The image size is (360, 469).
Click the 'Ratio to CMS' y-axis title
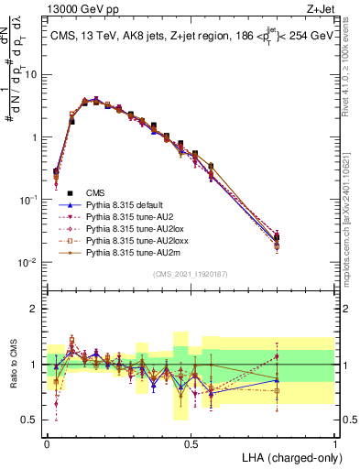(12, 364)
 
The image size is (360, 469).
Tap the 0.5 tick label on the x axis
(191, 442)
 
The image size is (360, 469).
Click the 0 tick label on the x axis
(47, 442)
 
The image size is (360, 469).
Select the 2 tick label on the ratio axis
(35, 309)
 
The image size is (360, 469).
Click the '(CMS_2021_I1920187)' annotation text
(191, 274)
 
